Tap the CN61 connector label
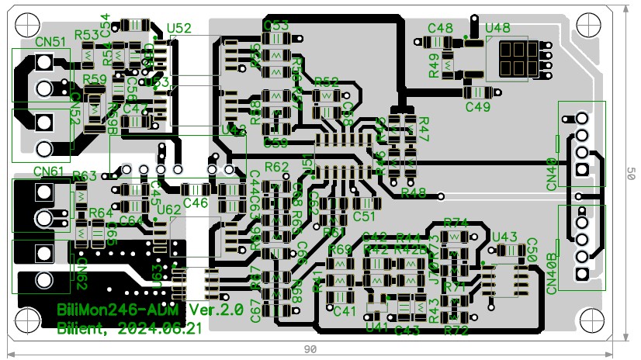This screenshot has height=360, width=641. [49, 171]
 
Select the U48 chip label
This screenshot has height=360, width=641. [497, 29]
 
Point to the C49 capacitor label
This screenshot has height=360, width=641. [478, 107]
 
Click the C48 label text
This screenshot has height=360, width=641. [440, 29]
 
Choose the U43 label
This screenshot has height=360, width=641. [504, 237]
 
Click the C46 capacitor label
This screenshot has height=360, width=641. [196, 203]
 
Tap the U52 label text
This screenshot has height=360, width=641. [179, 29]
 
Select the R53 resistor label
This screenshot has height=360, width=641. [86, 35]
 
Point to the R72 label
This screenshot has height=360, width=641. [457, 331]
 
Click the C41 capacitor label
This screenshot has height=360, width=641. [344, 311]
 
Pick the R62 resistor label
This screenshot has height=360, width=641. [276, 167]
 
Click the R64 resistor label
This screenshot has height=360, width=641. [101, 213]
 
